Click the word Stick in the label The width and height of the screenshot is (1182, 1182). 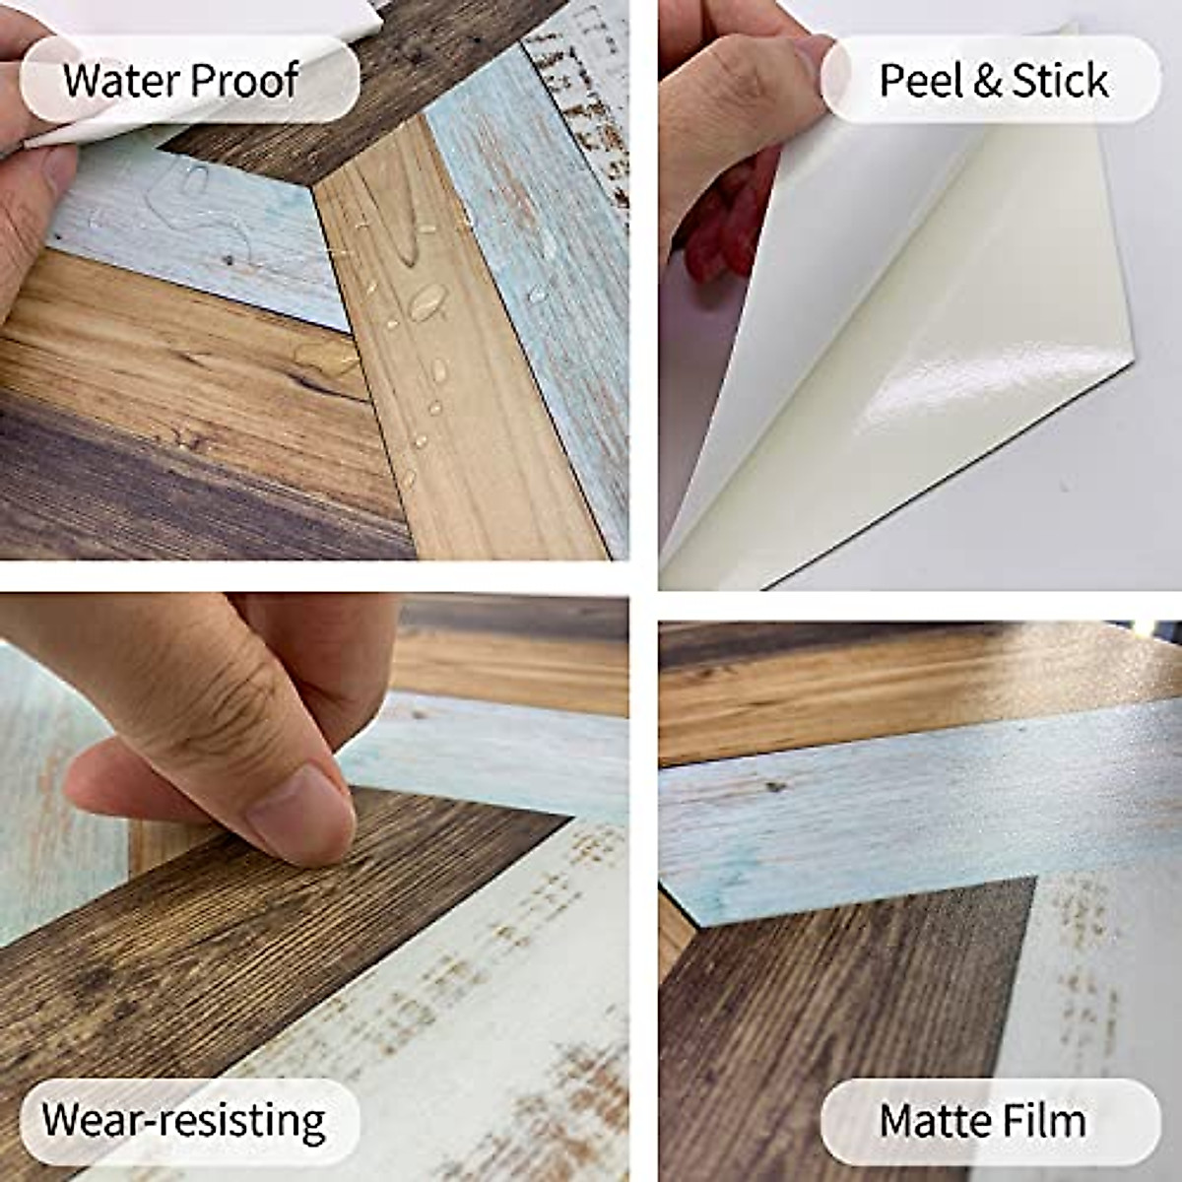coord(1060,81)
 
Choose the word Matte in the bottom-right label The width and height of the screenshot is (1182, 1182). coord(931,1121)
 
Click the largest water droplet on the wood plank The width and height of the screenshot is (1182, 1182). coord(427,301)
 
